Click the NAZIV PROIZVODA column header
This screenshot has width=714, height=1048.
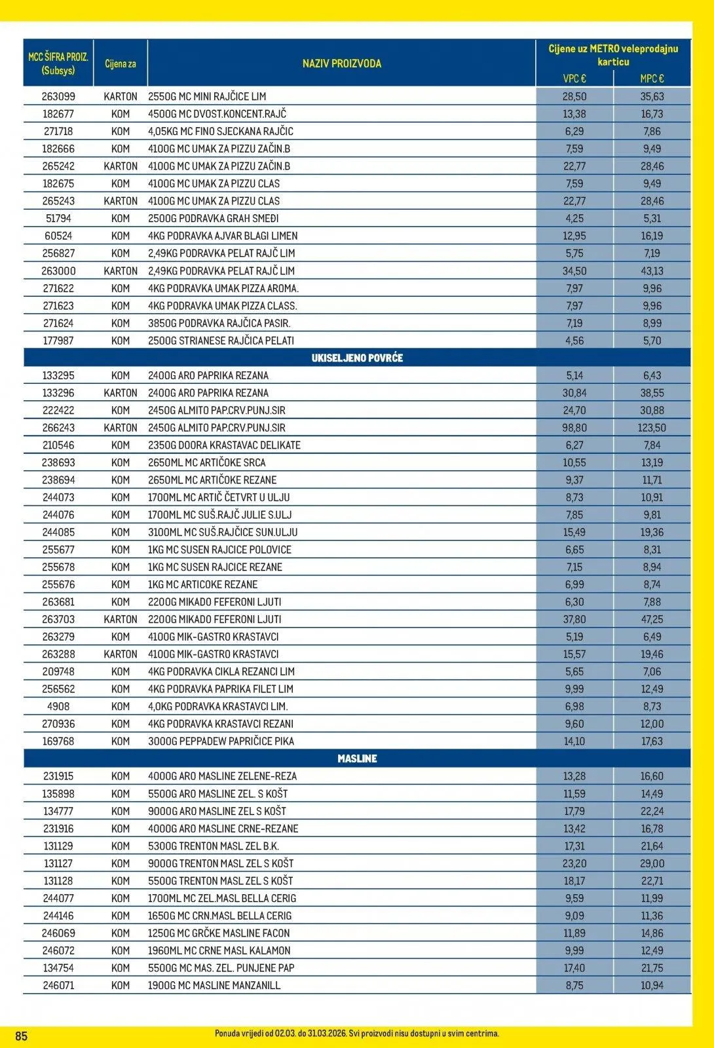(341, 64)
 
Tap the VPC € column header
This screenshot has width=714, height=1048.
(574, 79)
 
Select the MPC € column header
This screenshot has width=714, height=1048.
(652, 79)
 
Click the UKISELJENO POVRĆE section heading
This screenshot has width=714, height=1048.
(357, 358)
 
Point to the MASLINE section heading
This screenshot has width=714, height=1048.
(357, 758)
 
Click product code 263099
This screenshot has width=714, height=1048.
(58, 96)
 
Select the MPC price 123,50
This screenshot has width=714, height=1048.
(652, 428)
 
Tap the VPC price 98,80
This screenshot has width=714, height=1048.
(574, 428)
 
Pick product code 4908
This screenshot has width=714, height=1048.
(58, 706)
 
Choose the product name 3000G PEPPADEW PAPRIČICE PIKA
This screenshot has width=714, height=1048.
(221, 741)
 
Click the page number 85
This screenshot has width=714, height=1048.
(22, 1036)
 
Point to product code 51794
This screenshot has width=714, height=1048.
(58, 218)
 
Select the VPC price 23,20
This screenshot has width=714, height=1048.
(574, 863)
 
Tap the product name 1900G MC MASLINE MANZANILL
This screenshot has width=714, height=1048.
(214, 985)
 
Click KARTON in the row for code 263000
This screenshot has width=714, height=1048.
(121, 271)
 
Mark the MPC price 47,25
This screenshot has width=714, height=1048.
(652, 619)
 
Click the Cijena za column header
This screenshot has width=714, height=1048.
(121, 64)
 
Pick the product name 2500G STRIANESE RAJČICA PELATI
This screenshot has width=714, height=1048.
(221, 341)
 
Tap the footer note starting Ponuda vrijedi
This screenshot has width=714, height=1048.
(357, 1034)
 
